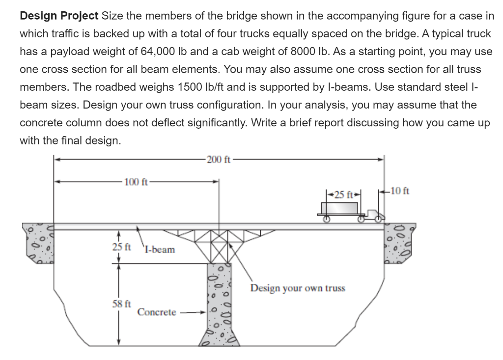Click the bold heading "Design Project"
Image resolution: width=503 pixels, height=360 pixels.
59,15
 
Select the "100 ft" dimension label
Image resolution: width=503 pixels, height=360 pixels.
136,182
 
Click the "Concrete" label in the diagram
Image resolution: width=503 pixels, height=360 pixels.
157,312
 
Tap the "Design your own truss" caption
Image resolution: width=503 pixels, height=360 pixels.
298,287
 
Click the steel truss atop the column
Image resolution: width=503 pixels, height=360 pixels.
217,246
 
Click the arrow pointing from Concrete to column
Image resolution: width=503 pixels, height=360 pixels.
192,312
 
